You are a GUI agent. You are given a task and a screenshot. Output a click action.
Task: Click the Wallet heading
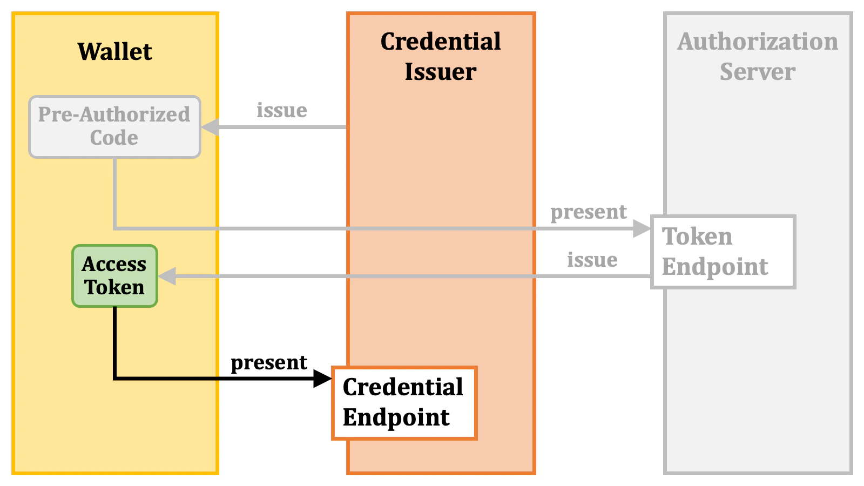pyautogui.click(x=114, y=52)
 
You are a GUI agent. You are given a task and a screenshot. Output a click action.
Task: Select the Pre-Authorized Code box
pyautogui.click(x=114, y=127)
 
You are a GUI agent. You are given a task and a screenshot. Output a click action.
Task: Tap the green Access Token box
pyautogui.click(x=114, y=276)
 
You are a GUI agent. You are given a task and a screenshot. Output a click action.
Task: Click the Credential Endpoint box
pyautogui.click(x=404, y=403)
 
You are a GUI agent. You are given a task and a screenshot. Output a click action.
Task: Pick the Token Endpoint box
pyautogui.click(x=723, y=252)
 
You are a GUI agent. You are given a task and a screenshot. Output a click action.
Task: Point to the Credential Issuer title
pyautogui.click(x=441, y=56)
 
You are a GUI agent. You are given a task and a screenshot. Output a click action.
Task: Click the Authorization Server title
pyautogui.click(x=758, y=56)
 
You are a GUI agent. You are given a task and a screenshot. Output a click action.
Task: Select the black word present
pyautogui.click(x=268, y=362)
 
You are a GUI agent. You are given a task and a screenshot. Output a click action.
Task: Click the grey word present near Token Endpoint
pyautogui.click(x=588, y=212)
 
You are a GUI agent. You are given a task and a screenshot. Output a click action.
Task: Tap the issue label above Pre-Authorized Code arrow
pyautogui.click(x=281, y=110)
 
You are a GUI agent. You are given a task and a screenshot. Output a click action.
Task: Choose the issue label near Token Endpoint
pyautogui.click(x=592, y=260)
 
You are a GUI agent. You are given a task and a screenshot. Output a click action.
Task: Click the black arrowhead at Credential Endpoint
pyautogui.click(x=323, y=379)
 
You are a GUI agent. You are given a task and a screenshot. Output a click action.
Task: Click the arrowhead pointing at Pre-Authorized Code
pyautogui.click(x=210, y=127)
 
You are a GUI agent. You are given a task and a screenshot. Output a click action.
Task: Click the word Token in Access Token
pyautogui.click(x=114, y=287)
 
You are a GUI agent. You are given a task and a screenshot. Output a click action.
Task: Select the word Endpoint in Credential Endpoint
pyautogui.click(x=396, y=417)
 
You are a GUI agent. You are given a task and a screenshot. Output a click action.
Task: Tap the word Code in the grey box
pyautogui.click(x=114, y=138)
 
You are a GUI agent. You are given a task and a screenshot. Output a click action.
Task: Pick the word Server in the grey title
pyautogui.click(x=757, y=72)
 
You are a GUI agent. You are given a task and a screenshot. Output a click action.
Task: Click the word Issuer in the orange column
pyautogui.click(x=441, y=72)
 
